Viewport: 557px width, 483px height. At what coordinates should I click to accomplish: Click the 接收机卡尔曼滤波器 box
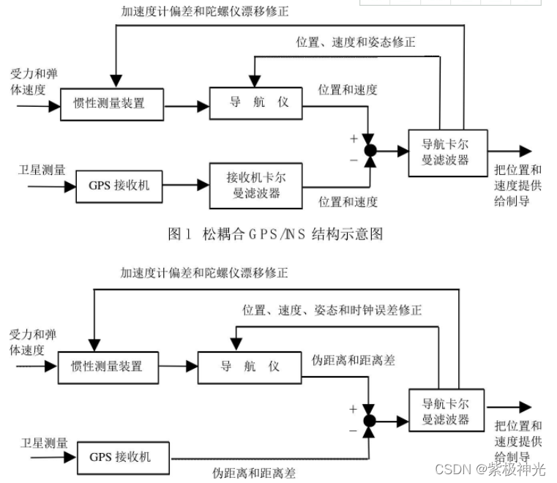pos(255,185)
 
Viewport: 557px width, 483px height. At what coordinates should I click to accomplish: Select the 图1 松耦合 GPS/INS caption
pos(274,234)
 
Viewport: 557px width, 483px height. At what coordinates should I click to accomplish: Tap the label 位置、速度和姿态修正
pos(356,42)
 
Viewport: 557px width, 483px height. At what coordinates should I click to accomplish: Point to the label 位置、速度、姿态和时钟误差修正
pos(332,310)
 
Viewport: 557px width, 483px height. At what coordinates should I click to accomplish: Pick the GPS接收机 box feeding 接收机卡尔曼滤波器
pos(119,185)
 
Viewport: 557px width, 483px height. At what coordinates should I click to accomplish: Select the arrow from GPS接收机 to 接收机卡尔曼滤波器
pos(185,186)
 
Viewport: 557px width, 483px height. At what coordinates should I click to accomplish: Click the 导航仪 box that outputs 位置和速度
pos(255,102)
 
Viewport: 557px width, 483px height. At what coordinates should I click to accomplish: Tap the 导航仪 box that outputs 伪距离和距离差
pos(250,366)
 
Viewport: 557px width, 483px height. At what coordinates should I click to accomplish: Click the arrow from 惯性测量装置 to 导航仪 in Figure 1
pos(187,106)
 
